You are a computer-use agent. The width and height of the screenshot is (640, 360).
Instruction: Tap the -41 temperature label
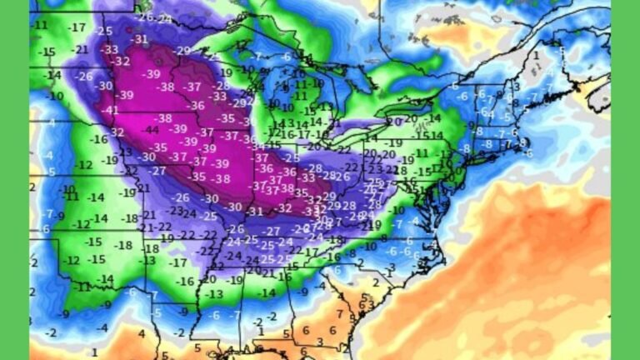tap(110, 110)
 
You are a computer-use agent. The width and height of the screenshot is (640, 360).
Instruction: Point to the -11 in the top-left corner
tap(39, 25)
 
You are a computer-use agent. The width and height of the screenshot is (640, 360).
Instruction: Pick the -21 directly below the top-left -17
tap(80, 49)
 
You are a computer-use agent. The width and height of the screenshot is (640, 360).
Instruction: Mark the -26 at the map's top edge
tap(145, 17)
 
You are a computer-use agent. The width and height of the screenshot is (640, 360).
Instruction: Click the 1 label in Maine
tap(537, 57)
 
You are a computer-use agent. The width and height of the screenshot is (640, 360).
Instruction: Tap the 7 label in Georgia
tap(340, 314)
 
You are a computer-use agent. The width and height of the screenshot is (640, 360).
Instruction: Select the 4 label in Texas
tap(142, 333)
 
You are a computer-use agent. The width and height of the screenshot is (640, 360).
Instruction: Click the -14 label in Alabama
tap(267, 292)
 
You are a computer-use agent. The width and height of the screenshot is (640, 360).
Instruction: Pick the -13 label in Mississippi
tap(215, 294)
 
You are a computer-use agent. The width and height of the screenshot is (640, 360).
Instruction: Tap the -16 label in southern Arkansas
tap(186, 281)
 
